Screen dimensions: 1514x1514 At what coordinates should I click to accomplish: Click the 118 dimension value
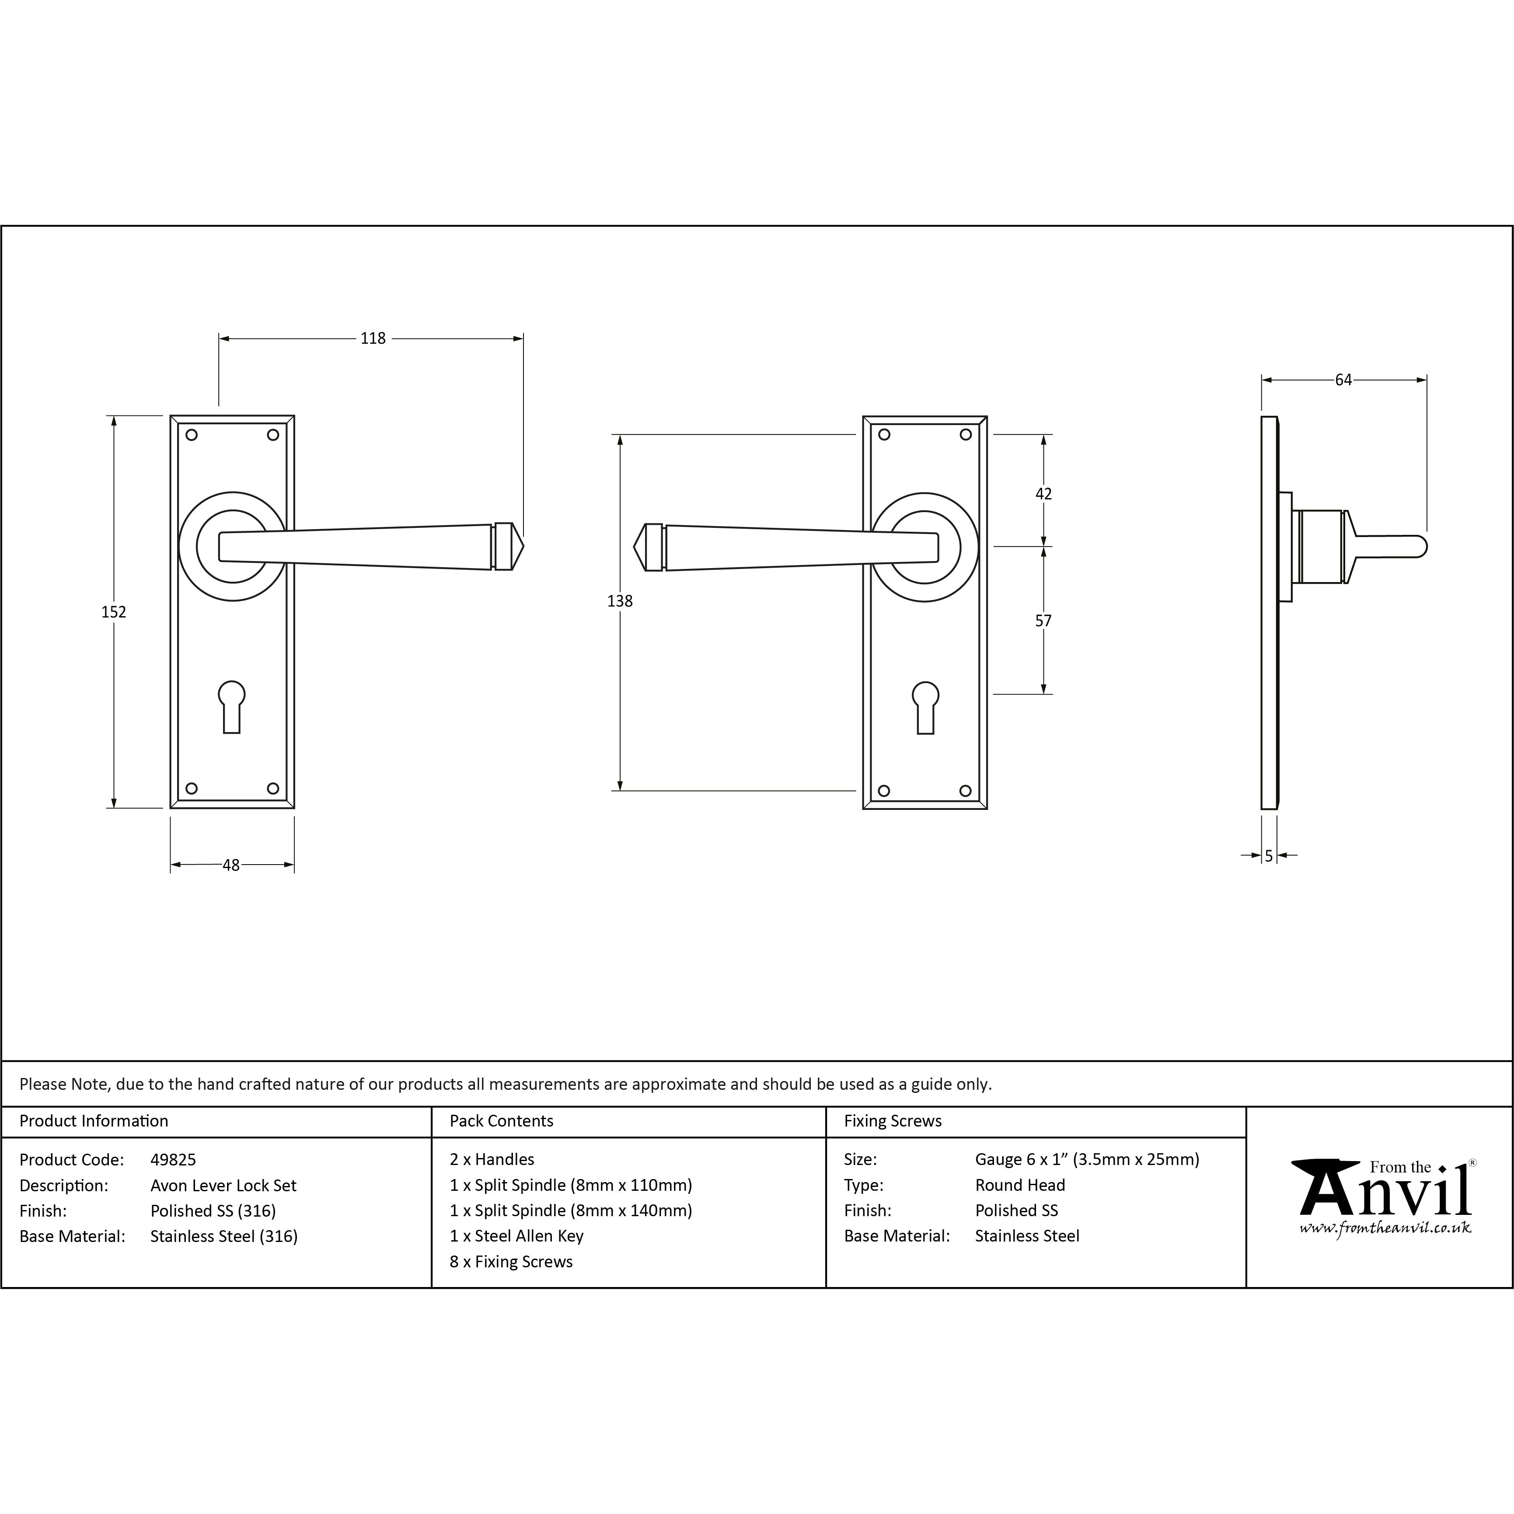[373, 338]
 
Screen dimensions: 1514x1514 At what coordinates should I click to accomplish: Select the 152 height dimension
[114, 612]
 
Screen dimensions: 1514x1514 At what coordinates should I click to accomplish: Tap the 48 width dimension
[231, 865]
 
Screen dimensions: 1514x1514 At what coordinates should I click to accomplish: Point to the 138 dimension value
[620, 601]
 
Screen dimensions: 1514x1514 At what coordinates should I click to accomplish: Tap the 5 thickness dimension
[1269, 857]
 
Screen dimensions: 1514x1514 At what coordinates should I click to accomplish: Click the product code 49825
[173, 1160]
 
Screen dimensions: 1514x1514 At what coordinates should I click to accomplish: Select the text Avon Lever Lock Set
[223, 1186]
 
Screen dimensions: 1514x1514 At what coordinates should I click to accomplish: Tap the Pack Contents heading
[502, 1121]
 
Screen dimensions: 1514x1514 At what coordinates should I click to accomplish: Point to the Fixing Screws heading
[893, 1121]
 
